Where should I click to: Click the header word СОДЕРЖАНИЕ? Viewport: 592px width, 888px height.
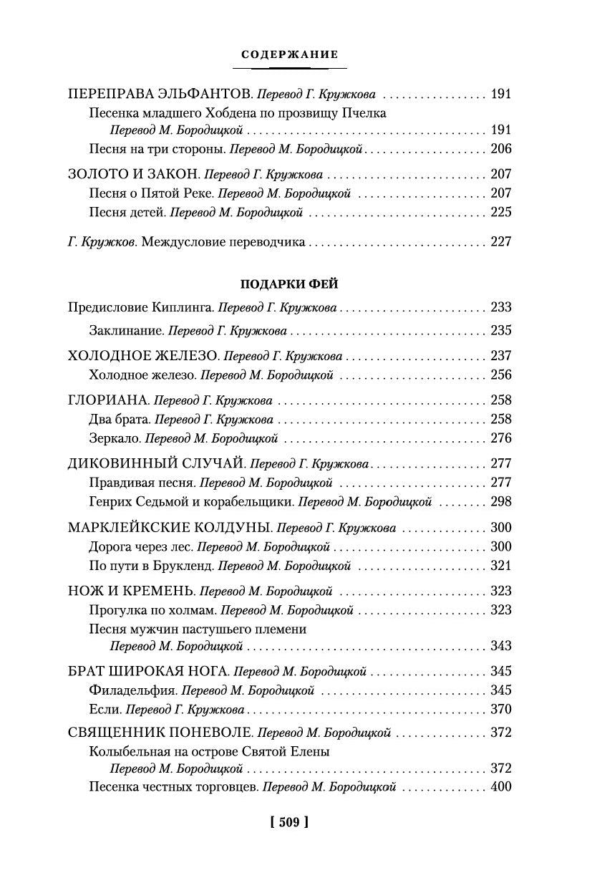pyautogui.click(x=290, y=54)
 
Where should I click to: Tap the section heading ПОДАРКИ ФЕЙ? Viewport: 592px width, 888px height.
pyautogui.click(x=289, y=284)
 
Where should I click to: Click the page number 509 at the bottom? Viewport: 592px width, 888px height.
pyautogui.click(x=289, y=821)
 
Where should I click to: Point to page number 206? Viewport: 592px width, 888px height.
pyautogui.click(x=501, y=149)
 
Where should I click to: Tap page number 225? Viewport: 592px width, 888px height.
pyautogui.click(x=501, y=212)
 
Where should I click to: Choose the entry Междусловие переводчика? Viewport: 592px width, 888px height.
pyautogui.click(x=224, y=241)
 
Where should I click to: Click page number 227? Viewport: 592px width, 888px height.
pyautogui.click(x=501, y=241)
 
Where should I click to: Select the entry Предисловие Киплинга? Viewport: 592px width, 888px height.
pyautogui.click(x=130, y=307)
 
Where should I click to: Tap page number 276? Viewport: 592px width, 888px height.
pyautogui.click(x=501, y=438)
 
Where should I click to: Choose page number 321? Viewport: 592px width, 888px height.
pyautogui.click(x=501, y=566)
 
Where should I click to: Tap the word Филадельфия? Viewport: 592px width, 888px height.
pyautogui.click(x=132, y=690)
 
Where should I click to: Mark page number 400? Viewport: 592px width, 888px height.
pyautogui.click(x=501, y=786)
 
